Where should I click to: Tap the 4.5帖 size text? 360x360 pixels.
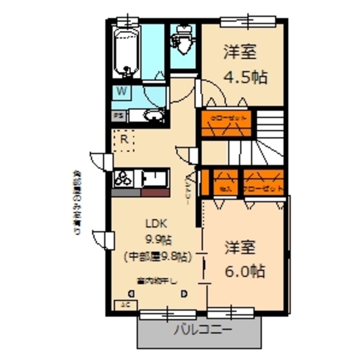click(245, 78)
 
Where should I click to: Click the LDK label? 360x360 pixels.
click(156, 224)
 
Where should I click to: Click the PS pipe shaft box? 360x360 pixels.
click(118, 116)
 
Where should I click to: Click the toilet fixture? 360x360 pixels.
click(183, 40)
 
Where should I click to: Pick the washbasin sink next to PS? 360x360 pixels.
click(152, 116)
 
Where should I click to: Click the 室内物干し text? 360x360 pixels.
click(157, 280)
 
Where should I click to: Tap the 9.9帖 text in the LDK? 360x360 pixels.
click(157, 240)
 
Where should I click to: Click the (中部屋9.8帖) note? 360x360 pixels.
click(157, 256)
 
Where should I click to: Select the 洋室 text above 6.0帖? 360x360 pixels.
click(241, 247)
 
